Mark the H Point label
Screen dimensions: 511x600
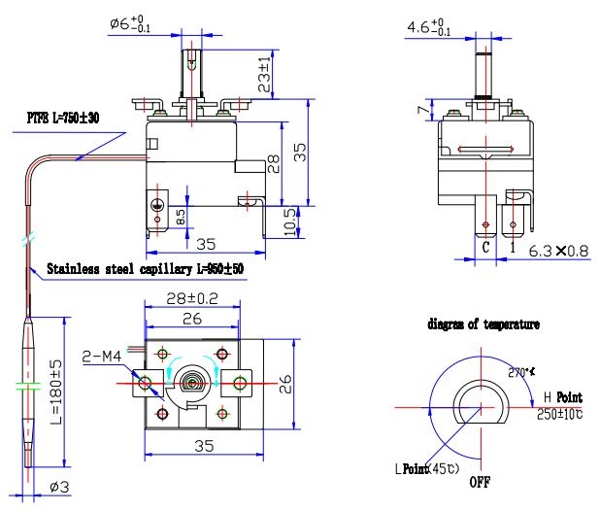point(562,397)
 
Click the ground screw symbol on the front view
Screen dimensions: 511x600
point(156,205)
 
